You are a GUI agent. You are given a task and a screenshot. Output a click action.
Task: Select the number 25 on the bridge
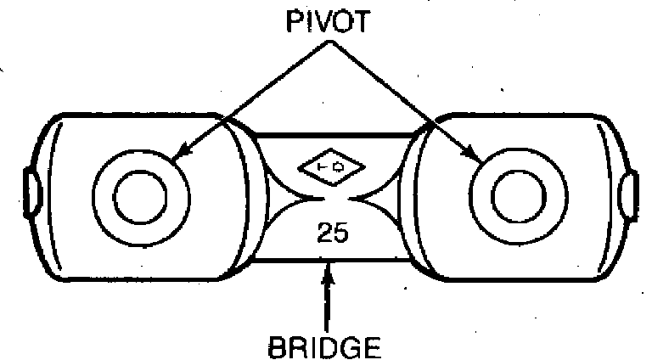pyautogui.click(x=330, y=232)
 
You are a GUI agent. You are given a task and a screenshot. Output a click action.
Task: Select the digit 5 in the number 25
pyautogui.click(x=339, y=232)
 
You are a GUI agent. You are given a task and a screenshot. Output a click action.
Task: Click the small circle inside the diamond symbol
pyautogui.click(x=334, y=168)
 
